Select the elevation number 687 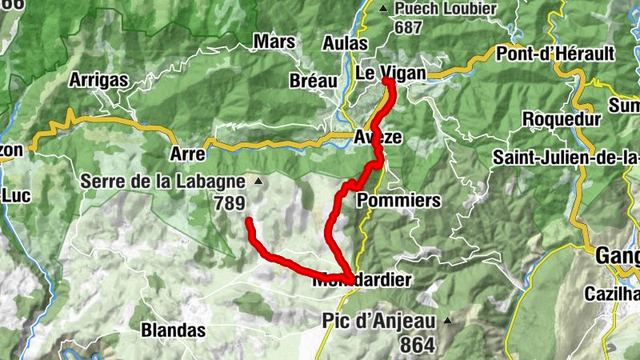[408, 26]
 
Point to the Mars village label [274, 42]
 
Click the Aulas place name [346, 43]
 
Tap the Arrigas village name [98, 80]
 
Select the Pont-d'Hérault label [555, 54]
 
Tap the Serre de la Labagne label [162, 182]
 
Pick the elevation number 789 [229, 203]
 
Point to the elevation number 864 [414, 345]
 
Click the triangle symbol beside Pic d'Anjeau [448, 321]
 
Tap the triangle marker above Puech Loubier [382, 9]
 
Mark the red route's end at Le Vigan [386, 82]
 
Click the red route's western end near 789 [249, 220]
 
